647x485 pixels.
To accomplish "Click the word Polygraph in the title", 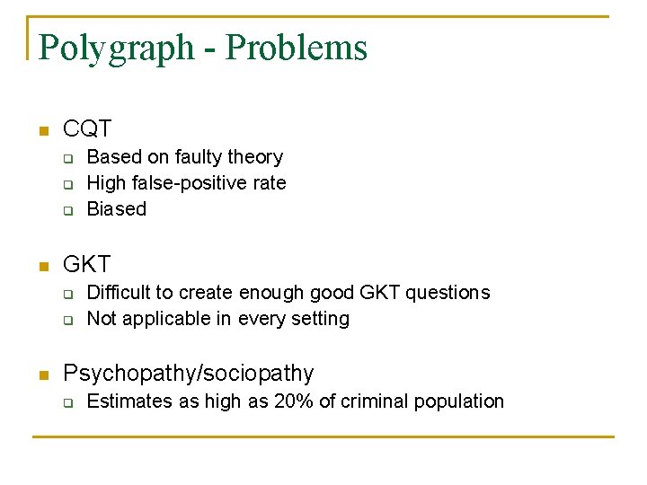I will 116,48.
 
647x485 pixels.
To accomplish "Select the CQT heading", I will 87,130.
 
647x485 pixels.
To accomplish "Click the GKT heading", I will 87,265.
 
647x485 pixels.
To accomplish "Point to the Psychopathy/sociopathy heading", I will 189,374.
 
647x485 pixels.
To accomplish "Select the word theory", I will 255,157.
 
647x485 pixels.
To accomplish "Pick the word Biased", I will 116,209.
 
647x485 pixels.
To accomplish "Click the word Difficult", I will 120,293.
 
